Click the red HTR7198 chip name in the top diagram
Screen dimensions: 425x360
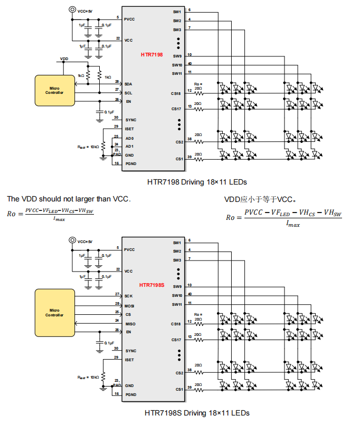click(151, 54)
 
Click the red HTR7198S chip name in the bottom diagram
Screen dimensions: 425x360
click(152, 285)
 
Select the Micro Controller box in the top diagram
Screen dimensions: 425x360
click(54, 90)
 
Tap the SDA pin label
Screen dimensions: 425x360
click(128, 84)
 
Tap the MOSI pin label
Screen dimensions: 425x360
click(130, 305)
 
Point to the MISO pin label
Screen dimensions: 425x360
click(130, 323)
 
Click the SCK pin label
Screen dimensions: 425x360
click(128, 296)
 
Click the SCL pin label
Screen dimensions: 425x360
click(128, 93)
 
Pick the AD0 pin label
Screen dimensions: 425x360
click(129, 138)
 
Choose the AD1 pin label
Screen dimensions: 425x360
click(129, 147)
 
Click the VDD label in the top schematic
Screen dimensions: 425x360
click(64, 59)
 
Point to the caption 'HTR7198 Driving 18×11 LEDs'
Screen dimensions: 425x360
click(197, 181)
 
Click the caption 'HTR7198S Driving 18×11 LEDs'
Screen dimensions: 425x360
click(197, 412)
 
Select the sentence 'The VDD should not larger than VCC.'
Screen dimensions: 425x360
click(69, 199)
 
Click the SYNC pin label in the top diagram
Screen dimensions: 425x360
click(130, 120)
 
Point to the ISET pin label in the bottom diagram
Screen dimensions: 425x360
click(129, 360)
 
